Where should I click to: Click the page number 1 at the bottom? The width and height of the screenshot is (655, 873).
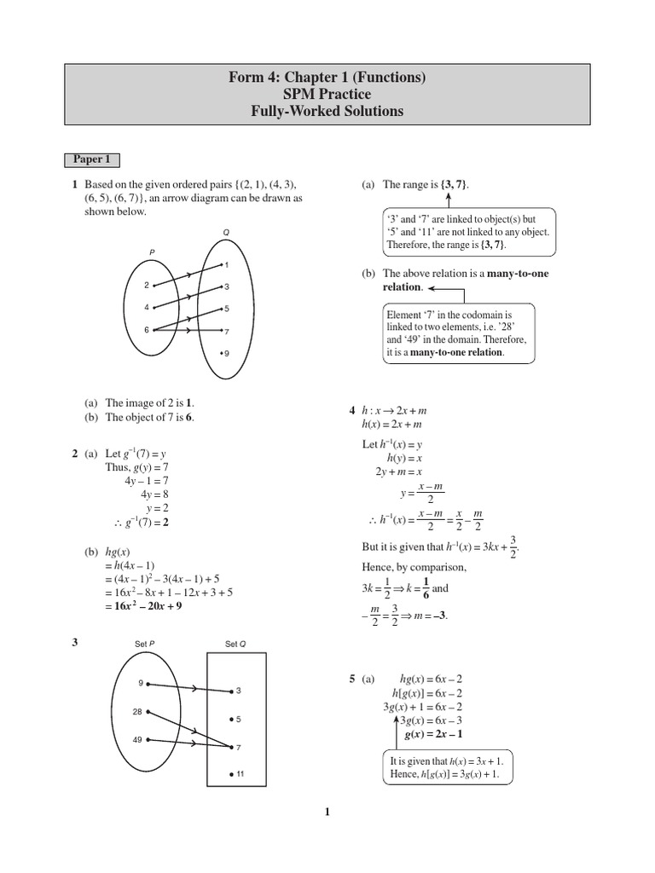pyautogui.click(x=327, y=812)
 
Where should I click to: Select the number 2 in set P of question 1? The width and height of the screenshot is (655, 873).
pyautogui.click(x=146, y=286)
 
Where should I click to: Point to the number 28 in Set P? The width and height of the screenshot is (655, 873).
pyautogui.click(x=137, y=710)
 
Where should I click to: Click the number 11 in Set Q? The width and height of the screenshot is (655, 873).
pyautogui.click(x=240, y=773)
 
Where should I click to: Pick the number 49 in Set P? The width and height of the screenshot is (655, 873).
pyautogui.click(x=137, y=739)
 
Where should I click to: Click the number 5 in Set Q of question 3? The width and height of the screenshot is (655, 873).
pyautogui.click(x=239, y=719)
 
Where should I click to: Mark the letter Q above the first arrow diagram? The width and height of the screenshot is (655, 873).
pyautogui.click(x=226, y=233)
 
